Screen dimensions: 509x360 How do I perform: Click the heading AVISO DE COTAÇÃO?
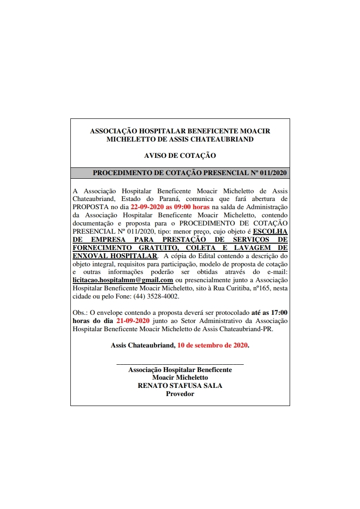click(180, 155)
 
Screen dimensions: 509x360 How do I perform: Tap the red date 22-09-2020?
click(147, 207)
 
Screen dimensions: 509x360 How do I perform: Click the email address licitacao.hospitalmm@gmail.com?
click(123, 280)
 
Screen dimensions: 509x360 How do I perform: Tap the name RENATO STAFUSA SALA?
click(180, 386)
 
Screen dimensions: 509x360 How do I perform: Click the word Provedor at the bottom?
click(180, 394)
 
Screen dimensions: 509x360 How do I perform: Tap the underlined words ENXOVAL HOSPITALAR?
click(115, 255)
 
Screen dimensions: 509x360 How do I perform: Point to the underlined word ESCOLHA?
click(270, 231)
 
